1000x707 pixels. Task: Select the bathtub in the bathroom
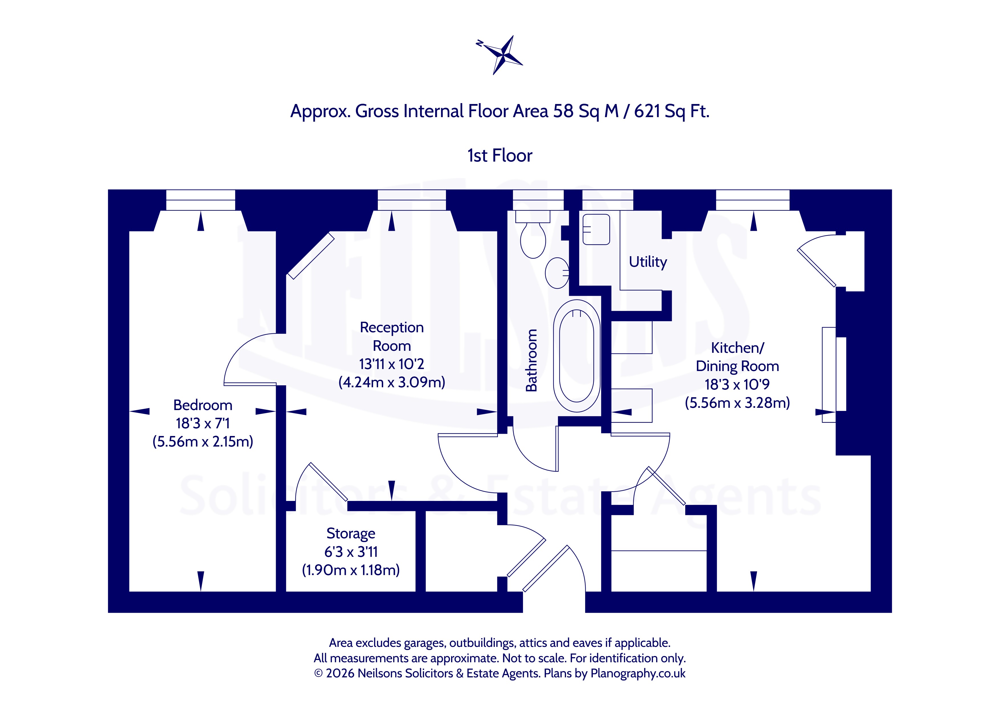(577, 356)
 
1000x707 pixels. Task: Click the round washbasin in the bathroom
(557, 273)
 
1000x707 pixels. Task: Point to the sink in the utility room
(596, 229)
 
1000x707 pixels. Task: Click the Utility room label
(648, 262)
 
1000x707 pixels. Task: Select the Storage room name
(351, 534)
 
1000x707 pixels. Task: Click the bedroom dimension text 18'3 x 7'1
(202, 423)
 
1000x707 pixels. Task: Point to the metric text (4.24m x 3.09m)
(392, 382)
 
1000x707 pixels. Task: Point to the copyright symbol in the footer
(319, 673)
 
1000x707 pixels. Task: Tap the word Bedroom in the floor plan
(202, 405)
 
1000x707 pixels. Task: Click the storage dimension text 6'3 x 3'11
(351, 552)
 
